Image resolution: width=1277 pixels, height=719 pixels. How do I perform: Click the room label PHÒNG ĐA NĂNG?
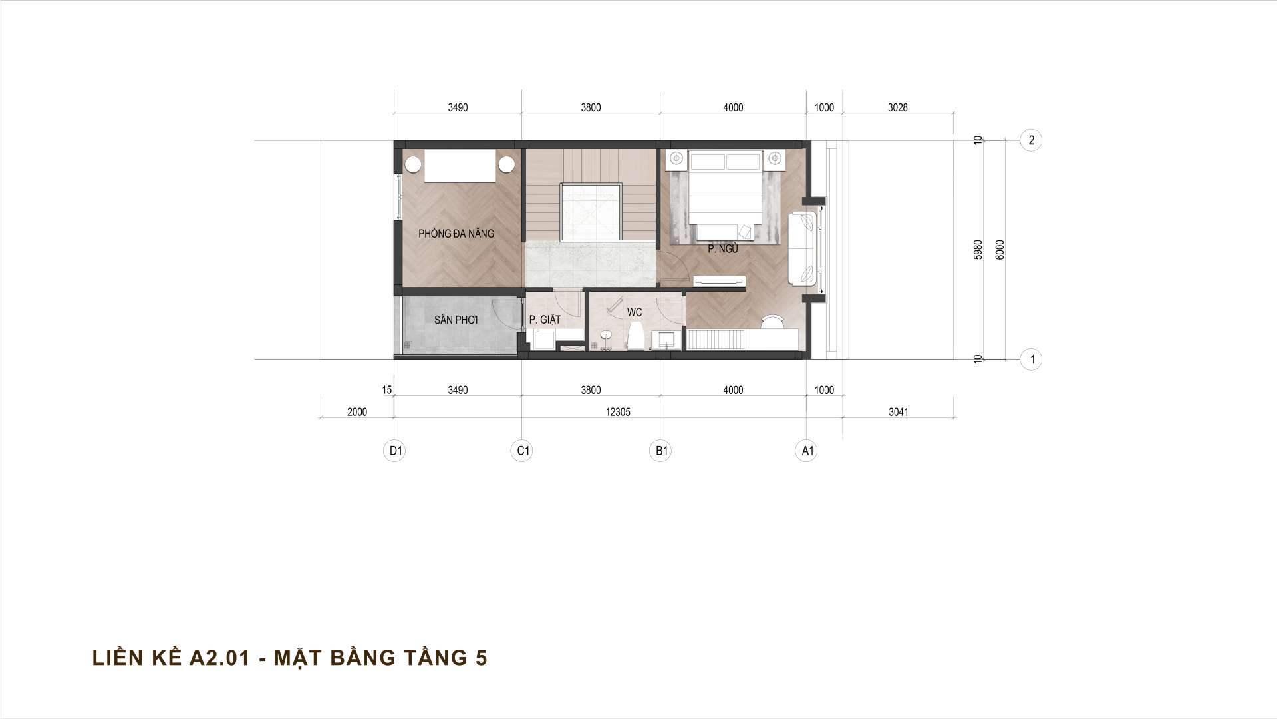click(456, 234)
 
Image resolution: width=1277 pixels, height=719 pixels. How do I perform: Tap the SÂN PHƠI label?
click(456, 320)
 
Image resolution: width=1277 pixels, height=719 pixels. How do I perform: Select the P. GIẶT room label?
click(545, 320)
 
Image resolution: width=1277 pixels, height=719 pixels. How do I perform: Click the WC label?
click(635, 312)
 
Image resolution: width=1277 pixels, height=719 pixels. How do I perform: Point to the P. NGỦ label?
click(723, 249)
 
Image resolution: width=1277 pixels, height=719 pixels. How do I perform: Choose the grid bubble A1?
click(807, 451)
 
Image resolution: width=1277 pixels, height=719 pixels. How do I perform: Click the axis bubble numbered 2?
click(1031, 140)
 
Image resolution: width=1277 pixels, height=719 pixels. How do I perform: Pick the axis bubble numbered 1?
click(1031, 360)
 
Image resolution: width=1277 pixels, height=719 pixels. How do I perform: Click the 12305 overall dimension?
click(618, 412)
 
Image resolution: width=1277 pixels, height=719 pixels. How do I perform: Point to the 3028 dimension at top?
click(897, 107)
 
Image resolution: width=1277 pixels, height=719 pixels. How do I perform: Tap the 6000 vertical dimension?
click(1000, 250)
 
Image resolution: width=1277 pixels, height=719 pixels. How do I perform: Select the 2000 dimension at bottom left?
click(357, 412)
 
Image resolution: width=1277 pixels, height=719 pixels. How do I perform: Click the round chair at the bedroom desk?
click(773, 321)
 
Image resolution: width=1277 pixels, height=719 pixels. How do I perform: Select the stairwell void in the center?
click(592, 212)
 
